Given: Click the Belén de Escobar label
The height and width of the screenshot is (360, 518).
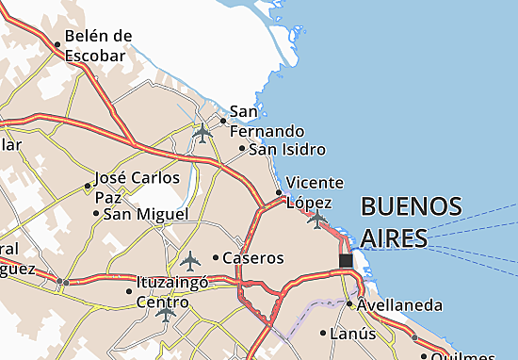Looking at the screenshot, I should click(x=95, y=45).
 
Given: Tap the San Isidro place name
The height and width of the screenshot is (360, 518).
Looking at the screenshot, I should click(x=287, y=149).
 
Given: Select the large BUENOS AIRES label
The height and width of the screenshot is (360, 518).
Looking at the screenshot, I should click(x=412, y=221).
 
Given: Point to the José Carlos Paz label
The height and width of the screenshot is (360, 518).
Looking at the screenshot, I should click(x=137, y=187).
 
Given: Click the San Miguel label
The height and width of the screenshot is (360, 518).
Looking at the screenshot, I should click(x=146, y=214).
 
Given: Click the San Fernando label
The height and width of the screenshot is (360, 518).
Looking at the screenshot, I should click(x=267, y=122).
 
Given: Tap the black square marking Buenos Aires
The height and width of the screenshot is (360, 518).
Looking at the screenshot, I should click(x=346, y=260).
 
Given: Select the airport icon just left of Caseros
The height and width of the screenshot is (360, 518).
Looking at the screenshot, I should click(x=191, y=258).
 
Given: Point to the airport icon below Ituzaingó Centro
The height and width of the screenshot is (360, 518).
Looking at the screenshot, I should click(x=167, y=312).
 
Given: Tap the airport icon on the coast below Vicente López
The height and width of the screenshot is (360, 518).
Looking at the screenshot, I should click(x=317, y=220).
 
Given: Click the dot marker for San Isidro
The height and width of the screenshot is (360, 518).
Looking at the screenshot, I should click(x=242, y=149).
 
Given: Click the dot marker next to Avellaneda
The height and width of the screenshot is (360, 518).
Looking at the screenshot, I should click(x=349, y=304).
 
